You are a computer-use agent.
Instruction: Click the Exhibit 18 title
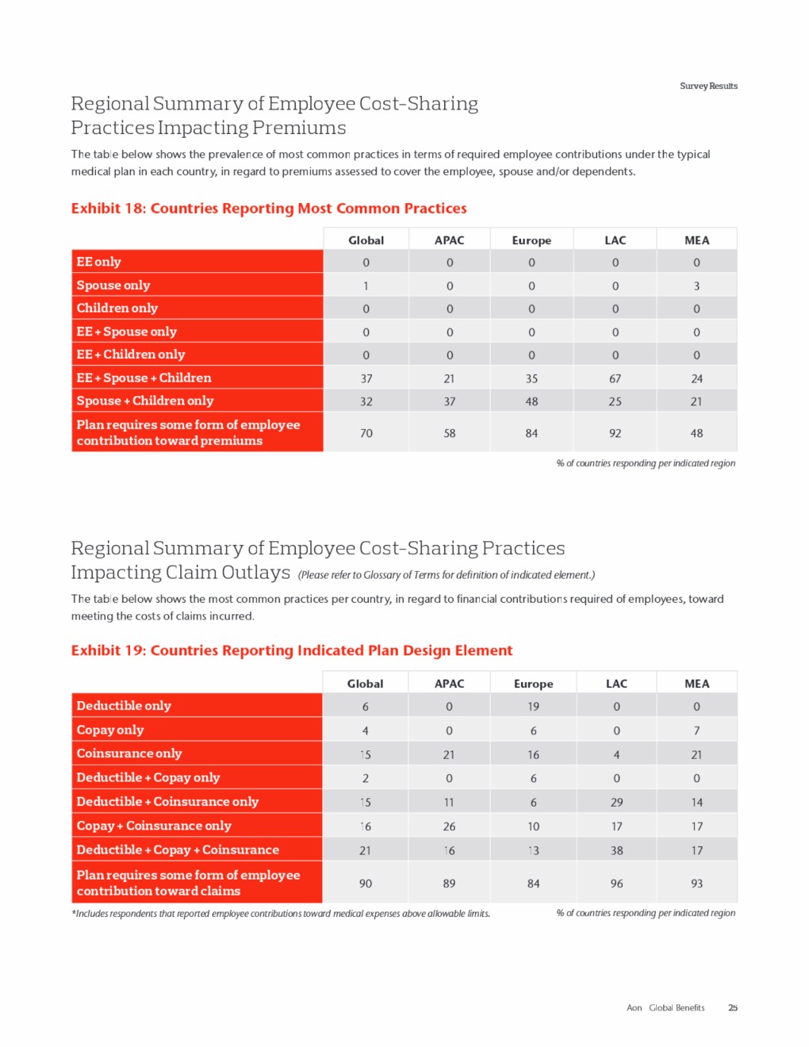(269, 209)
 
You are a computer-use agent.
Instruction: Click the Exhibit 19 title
(292, 650)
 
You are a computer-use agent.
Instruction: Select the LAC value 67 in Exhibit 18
(615, 379)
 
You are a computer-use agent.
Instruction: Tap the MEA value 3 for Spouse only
(696, 286)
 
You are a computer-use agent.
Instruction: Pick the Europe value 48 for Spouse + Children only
(531, 402)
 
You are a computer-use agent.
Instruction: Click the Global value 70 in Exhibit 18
(366, 434)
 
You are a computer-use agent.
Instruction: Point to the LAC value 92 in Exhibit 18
(615, 434)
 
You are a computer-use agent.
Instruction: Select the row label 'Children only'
(117, 309)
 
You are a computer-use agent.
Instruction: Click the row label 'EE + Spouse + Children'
(144, 378)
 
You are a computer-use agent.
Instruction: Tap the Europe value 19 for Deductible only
(533, 707)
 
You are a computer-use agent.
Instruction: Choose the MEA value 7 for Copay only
(696, 731)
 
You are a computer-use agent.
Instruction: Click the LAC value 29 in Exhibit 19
(616, 803)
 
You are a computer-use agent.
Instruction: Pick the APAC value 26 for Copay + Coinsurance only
(449, 826)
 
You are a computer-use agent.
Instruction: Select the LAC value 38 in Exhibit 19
(616, 851)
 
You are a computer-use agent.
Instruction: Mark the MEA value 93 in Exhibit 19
(696, 884)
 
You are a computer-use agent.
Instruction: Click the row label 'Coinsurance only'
(129, 754)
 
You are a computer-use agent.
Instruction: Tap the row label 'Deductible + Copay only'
(148, 778)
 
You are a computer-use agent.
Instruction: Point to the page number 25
(733, 1008)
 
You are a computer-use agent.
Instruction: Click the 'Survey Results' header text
(708, 86)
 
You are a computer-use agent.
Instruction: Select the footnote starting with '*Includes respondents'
(281, 914)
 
